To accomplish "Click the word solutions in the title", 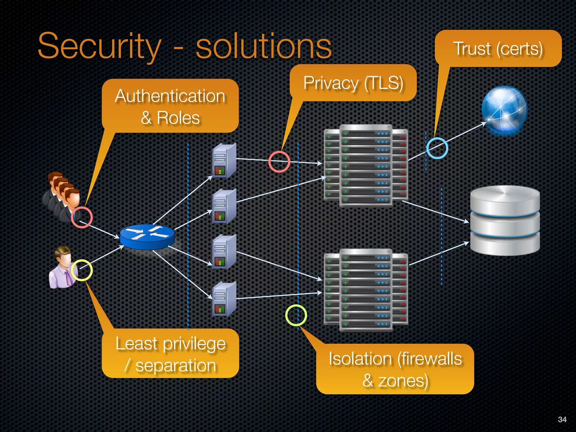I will [x=264, y=46].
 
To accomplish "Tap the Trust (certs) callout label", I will [x=498, y=49].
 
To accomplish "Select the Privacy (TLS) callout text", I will [x=353, y=83].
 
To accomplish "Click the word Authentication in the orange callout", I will [x=170, y=96].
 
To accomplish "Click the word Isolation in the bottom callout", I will [x=360, y=359].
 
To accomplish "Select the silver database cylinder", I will [x=505, y=221].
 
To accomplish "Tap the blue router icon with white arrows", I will [x=147, y=237].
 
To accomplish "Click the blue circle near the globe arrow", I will [x=437, y=148].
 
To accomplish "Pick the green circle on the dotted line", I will [x=296, y=315].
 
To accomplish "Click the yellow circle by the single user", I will [x=82, y=270].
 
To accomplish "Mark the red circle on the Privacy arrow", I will [x=279, y=161].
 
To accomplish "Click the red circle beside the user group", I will [x=82, y=217].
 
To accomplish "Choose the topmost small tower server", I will [x=224, y=161].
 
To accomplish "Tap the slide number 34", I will [x=562, y=419].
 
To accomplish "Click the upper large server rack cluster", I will [x=366, y=166].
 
